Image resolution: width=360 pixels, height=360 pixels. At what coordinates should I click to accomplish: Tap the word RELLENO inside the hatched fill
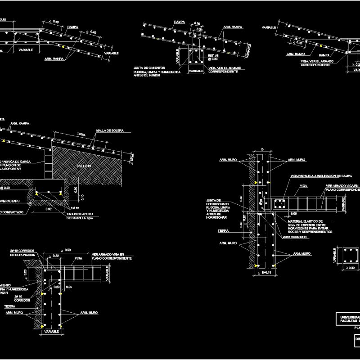84,166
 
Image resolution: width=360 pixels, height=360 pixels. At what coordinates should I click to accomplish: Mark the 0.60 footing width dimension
48,209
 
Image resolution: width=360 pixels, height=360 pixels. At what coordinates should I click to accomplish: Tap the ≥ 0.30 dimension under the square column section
351,268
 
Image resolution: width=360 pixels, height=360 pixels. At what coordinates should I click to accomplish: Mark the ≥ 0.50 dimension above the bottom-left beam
66,250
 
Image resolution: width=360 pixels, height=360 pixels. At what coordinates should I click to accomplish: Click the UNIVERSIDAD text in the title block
349,316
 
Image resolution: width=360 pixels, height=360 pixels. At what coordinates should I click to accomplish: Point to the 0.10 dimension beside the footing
75,197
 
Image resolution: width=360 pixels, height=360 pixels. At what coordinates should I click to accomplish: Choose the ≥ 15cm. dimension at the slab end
131,157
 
